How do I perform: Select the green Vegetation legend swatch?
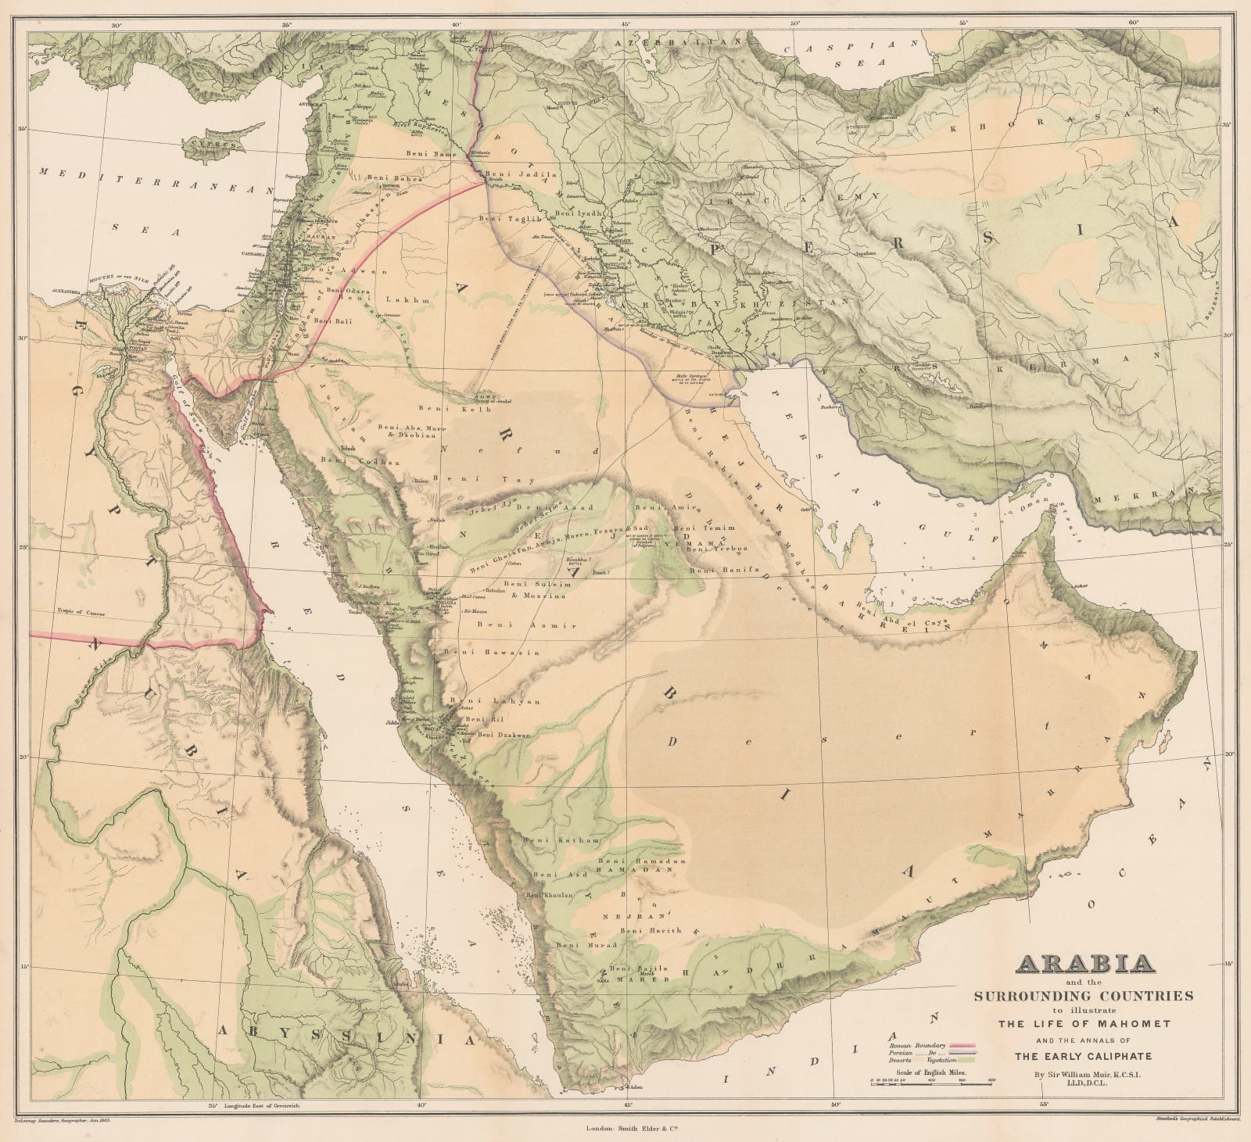click(x=966, y=1060)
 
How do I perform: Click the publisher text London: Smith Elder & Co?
click(x=629, y=1128)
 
